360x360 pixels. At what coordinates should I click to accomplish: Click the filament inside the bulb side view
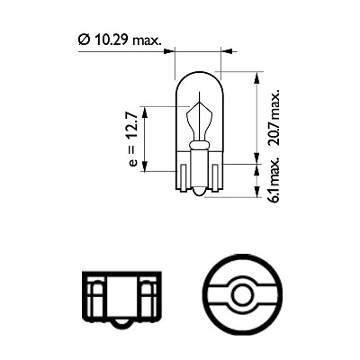(x=195, y=121)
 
